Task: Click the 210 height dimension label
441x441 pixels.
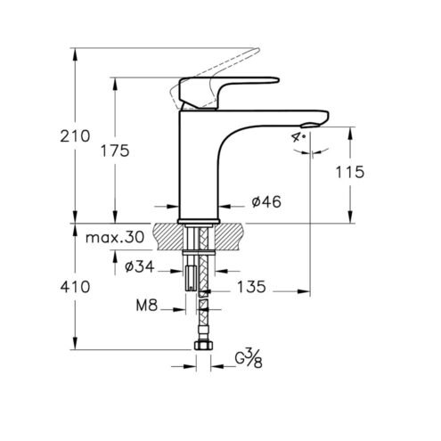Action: [75, 136]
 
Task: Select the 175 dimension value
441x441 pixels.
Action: [115, 151]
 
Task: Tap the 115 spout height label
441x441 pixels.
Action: [349, 172]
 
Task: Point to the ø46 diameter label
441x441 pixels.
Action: [266, 202]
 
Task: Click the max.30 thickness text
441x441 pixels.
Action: [115, 237]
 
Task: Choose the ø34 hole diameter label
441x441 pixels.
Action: [140, 266]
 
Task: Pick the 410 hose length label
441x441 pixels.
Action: [75, 287]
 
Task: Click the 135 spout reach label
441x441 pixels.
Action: [251, 287]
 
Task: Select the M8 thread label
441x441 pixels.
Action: [147, 305]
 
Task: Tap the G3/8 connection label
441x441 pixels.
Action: [249, 358]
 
